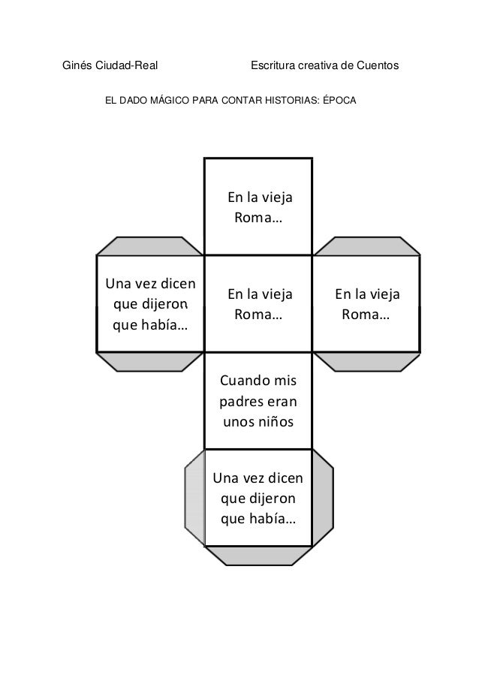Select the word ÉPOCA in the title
pyautogui.click(x=339, y=99)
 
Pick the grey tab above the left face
pyautogui.click(x=150, y=246)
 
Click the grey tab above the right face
pyautogui.click(x=366, y=246)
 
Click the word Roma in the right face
pyautogui.click(x=360, y=315)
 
